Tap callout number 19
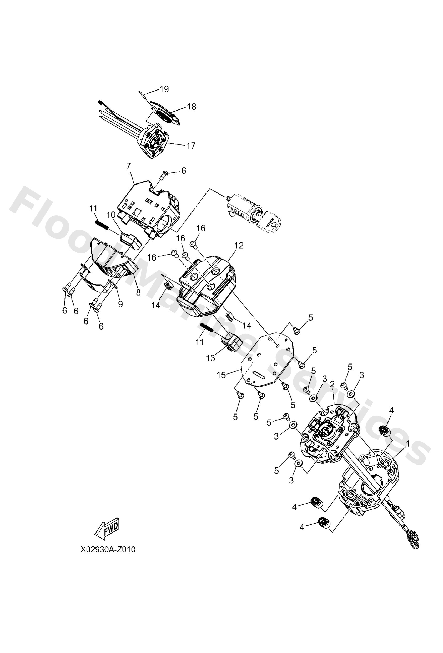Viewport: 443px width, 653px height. [164, 89]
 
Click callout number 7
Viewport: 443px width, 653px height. [129, 166]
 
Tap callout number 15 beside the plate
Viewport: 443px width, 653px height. [221, 375]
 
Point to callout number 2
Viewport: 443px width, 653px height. [332, 384]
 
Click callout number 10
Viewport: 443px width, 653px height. [111, 215]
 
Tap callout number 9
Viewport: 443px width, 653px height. [120, 304]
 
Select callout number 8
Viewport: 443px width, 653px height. [138, 292]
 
